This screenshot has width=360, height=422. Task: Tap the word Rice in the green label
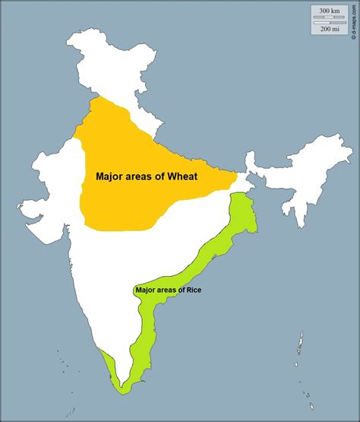(x=194, y=290)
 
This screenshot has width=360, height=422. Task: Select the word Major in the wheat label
(x=110, y=176)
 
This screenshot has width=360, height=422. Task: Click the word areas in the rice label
(x=168, y=290)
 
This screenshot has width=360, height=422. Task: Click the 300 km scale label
(x=329, y=11)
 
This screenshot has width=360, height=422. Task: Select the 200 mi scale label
(x=329, y=29)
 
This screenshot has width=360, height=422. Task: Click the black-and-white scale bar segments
(x=329, y=20)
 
